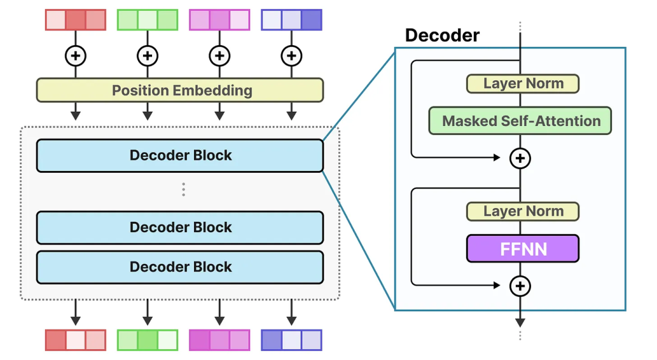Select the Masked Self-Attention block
[x=520, y=121]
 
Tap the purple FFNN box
[x=523, y=249]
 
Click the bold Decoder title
[x=442, y=35]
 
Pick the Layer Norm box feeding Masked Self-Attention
[x=523, y=83]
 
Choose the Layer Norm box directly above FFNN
[x=523, y=211]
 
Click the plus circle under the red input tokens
[x=75, y=56]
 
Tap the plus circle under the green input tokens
[x=147, y=56]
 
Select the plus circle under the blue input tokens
[x=291, y=56]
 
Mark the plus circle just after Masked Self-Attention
[x=520, y=158]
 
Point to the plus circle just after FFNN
[x=520, y=286]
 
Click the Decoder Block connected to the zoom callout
[x=179, y=156]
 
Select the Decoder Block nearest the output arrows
[x=179, y=267]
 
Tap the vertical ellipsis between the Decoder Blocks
[x=183, y=190]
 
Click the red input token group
[x=75, y=19]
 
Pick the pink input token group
[x=220, y=19]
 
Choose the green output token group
[x=147, y=340]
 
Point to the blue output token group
[x=291, y=340]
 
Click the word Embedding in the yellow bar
[x=212, y=91]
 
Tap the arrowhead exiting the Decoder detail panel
[x=520, y=322]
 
